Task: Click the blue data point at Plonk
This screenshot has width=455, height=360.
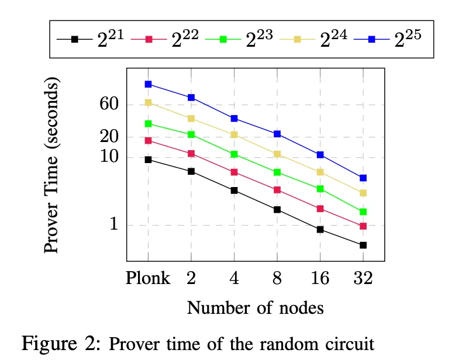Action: (149, 84)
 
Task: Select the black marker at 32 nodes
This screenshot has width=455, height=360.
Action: (363, 245)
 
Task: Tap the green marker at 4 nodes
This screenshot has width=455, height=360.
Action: (234, 154)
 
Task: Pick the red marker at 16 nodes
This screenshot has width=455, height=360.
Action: (320, 209)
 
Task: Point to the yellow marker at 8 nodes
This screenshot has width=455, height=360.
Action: (277, 154)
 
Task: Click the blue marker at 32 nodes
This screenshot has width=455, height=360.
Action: (363, 178)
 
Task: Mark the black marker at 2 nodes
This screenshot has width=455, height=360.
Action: (191, 171)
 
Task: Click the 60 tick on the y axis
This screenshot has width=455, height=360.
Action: (110, 105)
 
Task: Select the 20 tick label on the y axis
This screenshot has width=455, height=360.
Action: (110, 137)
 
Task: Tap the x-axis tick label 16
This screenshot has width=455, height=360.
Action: (320, 278)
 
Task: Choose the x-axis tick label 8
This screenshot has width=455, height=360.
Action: (277, 278)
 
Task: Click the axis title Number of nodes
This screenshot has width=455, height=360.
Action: (256, 307)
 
